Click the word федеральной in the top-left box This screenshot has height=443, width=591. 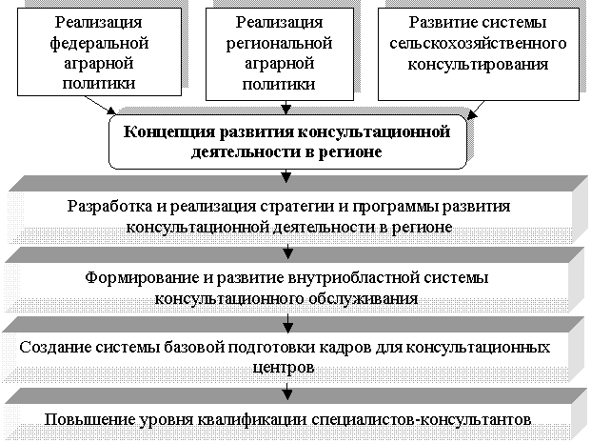click(99, 44)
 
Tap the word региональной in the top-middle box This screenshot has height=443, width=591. click(279, 44)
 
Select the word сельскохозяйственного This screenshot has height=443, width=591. click(478, 44)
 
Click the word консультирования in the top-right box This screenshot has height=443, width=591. click(478, 65)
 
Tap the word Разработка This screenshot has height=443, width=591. click(110, 207)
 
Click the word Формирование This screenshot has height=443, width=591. click(141, 278)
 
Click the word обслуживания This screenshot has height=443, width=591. click(364, 299)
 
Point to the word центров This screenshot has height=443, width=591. click(283, 368)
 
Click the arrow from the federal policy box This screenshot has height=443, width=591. click(100, 105)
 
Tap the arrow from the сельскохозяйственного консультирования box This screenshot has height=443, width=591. click(476, 110)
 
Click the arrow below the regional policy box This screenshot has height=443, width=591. click(286, 107)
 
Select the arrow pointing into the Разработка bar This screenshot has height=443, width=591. click(286, 176)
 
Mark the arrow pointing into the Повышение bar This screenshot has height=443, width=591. click(287, 392)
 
